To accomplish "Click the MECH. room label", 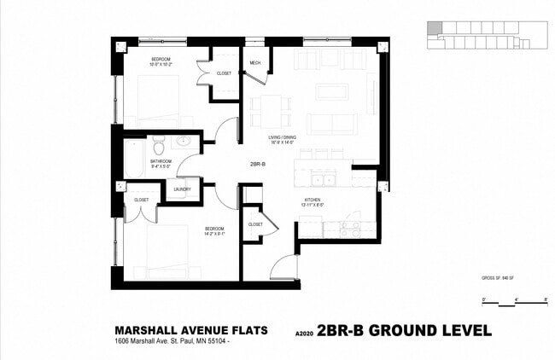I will pyautogui.click(x=254, y=64).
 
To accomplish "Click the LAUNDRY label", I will pyautogui.click(x=182, y=189).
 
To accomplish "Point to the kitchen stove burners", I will pyautogui.click(x=350, y=229).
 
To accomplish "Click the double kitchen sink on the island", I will pyautogui.click(x=322, y=180).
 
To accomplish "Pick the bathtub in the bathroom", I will pyautogui.click(x=135, y=159).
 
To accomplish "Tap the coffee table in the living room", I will pyautogui.click(x=331, y=90).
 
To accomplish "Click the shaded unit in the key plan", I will pyautogui.click(x=435, y=29).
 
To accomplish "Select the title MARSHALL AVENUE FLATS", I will pyautogui.click(x=191, y=330).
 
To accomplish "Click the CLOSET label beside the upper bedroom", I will pyautogui.click(x=224, y=73).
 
